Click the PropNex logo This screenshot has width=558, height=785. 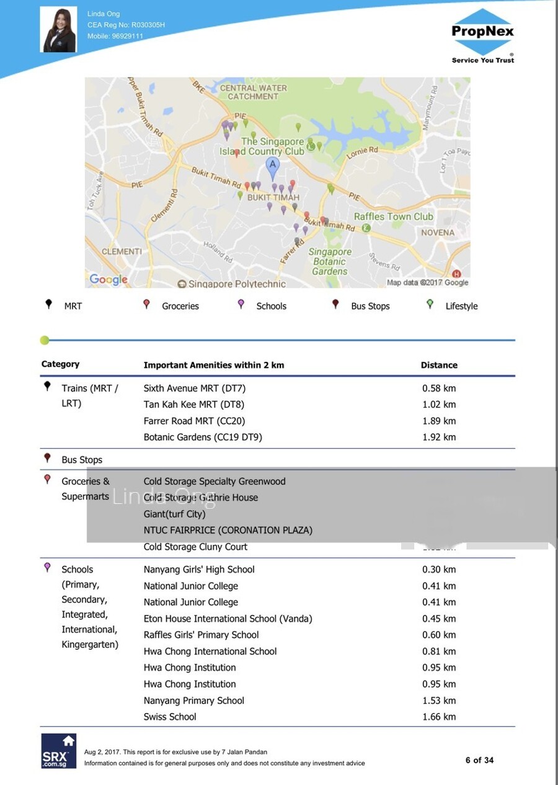point(482,35)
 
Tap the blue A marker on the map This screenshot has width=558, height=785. point(272,166)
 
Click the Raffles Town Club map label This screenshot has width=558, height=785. point(393,217)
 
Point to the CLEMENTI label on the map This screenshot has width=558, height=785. point(122,251)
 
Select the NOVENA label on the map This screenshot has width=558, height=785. point(438,233)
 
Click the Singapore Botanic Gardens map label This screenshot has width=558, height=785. point(330,261)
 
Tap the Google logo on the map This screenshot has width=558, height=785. point(108,279)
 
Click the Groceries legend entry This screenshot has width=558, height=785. point(180,306)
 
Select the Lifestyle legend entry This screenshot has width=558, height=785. point(461,306)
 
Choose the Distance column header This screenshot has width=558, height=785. point(439,365)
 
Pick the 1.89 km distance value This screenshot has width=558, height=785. point(439,421)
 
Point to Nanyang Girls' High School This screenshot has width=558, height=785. point(199,570)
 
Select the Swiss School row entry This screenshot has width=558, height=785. point(170,717)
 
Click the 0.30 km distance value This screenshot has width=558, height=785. point(439,570)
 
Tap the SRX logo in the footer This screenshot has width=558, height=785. point(59,751)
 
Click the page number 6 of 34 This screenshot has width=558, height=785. point(479,760)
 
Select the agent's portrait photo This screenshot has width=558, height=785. point(59,29)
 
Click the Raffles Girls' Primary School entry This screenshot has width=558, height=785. point(201,635)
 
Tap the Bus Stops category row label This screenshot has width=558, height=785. point(81,460)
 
